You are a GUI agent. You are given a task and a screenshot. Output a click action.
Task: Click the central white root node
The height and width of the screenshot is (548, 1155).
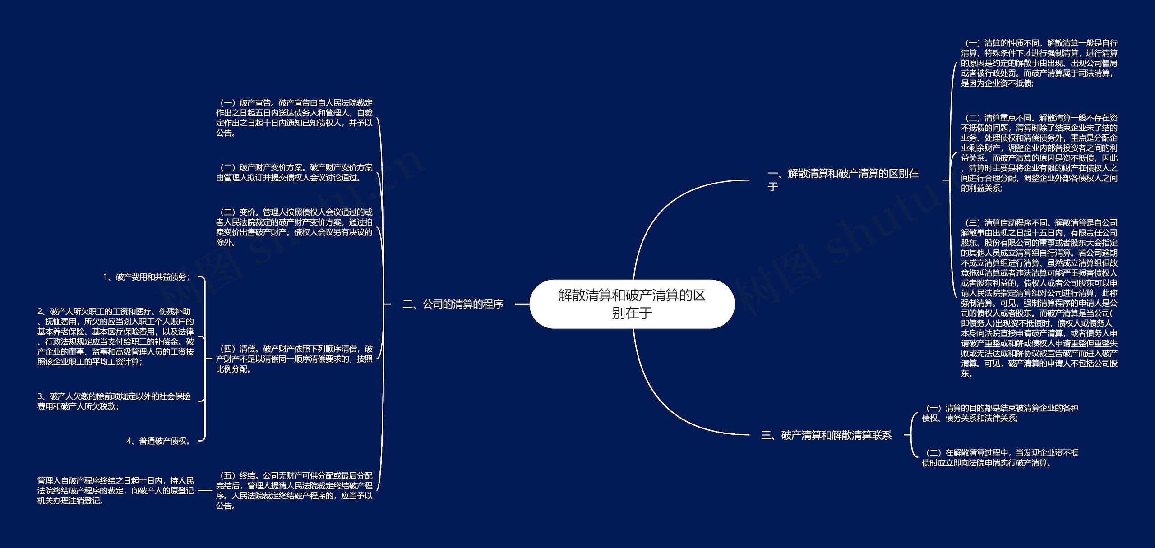pos(632,304)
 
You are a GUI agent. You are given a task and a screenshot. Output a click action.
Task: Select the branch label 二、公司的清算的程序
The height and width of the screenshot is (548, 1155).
pos(453,304)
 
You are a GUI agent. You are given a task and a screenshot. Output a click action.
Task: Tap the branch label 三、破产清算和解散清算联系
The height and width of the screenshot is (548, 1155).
pos(826,435)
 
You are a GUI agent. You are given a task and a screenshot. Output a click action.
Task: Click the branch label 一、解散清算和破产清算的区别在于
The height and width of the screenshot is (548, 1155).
pos(843,180)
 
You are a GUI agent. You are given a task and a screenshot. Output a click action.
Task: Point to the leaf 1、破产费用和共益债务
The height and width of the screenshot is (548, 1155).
pos(147,277)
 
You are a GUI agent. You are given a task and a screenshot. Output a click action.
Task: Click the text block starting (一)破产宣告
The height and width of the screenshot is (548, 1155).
pos(294,118)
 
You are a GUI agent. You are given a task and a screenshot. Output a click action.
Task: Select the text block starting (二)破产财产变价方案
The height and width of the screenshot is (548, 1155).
pos(294,172)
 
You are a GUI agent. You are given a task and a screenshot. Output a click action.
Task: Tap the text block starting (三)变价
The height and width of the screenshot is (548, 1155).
pos(294,227)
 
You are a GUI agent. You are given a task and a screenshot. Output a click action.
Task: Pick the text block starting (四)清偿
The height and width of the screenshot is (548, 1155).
pos(294,359)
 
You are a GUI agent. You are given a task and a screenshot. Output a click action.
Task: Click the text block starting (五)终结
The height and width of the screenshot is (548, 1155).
pos(294,490)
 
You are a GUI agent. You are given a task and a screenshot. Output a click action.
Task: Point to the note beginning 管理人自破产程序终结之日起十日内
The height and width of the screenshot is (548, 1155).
pos(115,490)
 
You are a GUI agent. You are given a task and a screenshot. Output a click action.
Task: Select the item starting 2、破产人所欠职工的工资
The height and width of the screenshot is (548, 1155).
pos(115,336)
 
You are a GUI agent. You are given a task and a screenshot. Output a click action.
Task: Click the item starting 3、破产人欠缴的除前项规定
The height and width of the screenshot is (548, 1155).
pos(114,401)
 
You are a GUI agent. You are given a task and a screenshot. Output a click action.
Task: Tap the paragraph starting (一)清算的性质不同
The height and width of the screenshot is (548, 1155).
pos(1039,63)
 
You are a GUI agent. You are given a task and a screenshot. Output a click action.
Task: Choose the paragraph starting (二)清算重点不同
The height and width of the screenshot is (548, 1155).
pos(1039,153)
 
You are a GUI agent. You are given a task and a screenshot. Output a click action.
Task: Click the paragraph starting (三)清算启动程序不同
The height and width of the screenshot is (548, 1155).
pos(1039,298)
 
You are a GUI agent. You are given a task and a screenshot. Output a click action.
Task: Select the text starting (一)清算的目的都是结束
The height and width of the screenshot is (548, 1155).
pos(1000,413)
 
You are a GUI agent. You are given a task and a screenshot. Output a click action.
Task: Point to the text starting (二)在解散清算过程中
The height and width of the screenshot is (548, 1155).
pos(1000,457)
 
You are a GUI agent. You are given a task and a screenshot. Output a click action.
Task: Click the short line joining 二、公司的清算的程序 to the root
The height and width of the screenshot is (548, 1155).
pos(522,304)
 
